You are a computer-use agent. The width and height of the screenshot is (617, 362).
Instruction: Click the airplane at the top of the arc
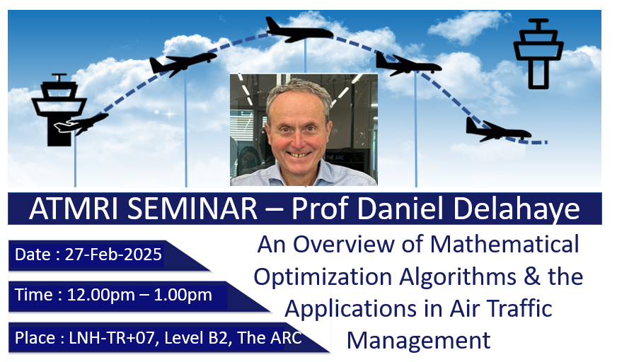click(x=299, y=30)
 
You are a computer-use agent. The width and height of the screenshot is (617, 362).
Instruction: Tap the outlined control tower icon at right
click(x=538, y=54)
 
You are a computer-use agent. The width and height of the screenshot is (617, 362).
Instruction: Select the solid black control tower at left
click(x=59, y=110)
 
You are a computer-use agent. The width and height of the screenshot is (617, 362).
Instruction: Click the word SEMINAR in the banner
click(x=192, y=209)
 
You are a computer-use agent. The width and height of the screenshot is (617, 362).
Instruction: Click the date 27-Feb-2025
click(x=113, y=255)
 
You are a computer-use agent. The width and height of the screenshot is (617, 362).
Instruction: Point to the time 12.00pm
click(x=101, y=295)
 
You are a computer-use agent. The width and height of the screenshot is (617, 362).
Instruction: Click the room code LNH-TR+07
click(x=112, y=338)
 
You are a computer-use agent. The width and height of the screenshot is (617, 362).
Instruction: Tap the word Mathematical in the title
click(x=504, y=244)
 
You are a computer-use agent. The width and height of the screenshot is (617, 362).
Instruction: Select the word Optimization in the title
click(x=323, y=277)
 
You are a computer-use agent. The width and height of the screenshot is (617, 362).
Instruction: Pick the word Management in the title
click(x=419, y=340)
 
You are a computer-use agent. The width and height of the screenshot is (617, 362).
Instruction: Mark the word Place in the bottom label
click(x=35, y=338)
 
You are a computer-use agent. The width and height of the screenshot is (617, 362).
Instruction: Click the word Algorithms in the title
click(x=458, y=277)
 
